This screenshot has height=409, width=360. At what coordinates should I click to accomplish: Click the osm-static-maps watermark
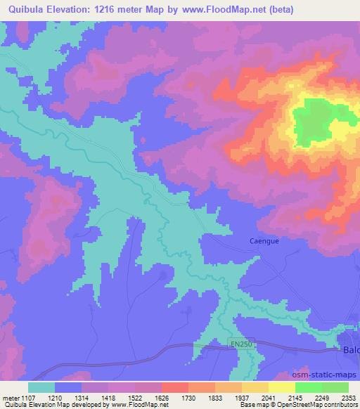328,376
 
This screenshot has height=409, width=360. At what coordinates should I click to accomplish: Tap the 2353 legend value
347,398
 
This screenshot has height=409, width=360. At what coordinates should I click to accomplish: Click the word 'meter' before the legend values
8,398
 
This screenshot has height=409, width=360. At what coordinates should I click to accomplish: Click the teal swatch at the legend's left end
41,387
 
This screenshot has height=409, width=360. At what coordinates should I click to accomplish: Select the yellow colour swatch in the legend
281,387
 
